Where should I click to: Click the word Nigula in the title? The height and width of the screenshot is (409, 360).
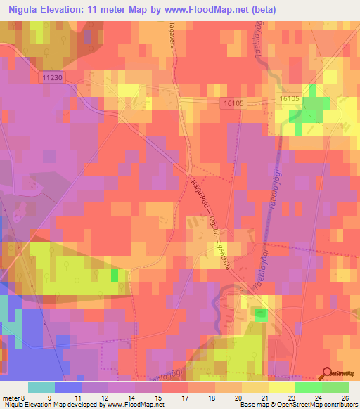coord(25,10)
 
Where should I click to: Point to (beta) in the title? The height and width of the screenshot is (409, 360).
coord(260,10)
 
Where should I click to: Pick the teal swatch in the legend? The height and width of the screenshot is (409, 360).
coord(41,387)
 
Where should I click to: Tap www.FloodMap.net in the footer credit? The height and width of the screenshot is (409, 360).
coord(133,405)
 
